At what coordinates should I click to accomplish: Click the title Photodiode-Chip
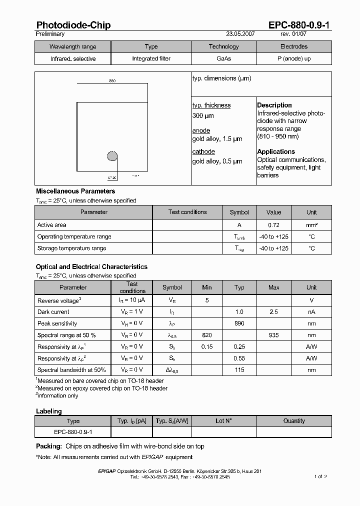point(73,25)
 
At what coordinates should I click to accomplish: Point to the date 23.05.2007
point(241,34)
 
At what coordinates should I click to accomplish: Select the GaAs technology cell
point(223,58)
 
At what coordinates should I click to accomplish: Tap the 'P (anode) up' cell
point(293,58)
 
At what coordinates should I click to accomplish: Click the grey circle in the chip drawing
point(112,156)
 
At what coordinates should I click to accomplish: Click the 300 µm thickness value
point(203,116)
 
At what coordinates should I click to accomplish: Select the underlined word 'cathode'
point(203,151)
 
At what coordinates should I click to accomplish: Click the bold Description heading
point(274,105)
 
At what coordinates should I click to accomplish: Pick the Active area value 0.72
point(273,225)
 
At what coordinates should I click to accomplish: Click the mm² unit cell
point(311,225)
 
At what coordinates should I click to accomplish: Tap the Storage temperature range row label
point(71,248)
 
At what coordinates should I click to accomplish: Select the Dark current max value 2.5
point(273,312)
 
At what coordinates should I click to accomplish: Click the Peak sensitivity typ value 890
point(239,323)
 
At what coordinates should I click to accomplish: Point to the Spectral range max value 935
point(273,335)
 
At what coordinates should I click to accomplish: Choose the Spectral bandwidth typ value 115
point(239,369)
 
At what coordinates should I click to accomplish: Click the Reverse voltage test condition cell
point(132,300)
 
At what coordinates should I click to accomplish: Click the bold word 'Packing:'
point(48,446)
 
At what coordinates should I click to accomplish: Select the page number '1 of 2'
point(320,476)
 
